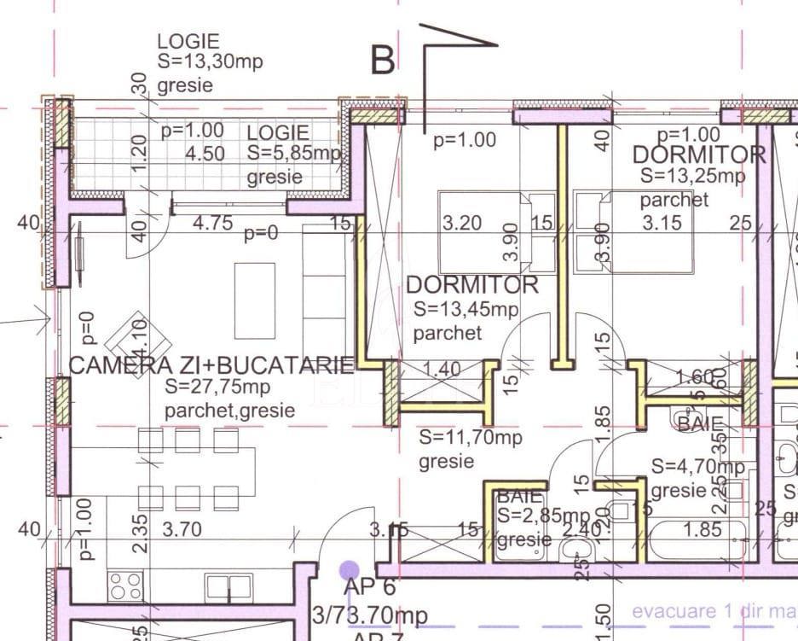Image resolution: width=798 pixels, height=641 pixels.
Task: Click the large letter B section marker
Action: pos(384,60)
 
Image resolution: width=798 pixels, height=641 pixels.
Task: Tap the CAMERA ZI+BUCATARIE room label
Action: pos(211,366)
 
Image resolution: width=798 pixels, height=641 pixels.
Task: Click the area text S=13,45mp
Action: pos(465,310)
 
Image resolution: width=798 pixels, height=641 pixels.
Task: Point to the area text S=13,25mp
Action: pos(692,177)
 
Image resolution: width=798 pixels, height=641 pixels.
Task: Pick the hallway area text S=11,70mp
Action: pos(471,439)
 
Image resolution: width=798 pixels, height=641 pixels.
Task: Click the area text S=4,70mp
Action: pos(697,467)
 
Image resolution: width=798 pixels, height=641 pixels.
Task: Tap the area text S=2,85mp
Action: pos(543,516)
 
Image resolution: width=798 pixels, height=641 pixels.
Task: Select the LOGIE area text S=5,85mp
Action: pos(293,154)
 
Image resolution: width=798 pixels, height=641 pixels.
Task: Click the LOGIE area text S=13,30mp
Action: pos(210,62)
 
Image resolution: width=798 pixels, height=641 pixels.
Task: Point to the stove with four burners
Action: pos(125,586)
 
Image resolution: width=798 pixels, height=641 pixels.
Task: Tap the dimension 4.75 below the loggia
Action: pos(213,224)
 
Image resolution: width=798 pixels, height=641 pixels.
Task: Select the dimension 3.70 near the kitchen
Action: pos(182,530)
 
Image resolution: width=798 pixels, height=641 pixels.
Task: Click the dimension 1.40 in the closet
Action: pos(441,369)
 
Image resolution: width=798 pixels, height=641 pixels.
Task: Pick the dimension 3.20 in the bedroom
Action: pos(462,224)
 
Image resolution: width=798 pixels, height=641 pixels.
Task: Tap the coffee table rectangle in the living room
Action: pos(255,300)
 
